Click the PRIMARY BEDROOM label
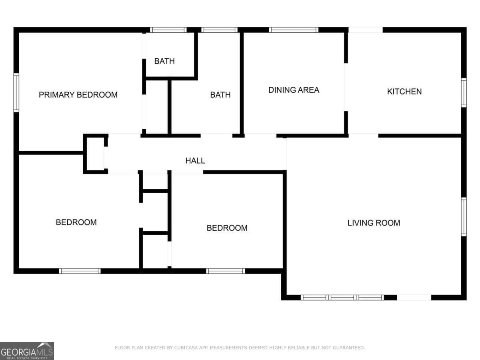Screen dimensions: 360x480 coord(78,95)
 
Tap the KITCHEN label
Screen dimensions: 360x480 coord(404,92)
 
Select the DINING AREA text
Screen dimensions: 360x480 coord(294,90)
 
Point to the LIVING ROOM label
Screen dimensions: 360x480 coord(374,223)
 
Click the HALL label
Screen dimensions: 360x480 coord(195,161)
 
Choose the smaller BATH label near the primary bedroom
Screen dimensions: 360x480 coord(164,61)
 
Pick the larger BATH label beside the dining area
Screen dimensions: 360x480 coord(220,95)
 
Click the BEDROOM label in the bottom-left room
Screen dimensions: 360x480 coord(76,222)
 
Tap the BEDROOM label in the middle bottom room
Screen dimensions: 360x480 coord(227,228)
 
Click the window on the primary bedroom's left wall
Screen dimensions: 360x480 coord(16,92)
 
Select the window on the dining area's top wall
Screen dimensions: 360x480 coord(293,30)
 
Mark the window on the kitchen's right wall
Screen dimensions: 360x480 coord(464,92)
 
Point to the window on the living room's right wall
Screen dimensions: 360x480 coord(464,217)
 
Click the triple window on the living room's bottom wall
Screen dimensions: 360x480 coord(342,298)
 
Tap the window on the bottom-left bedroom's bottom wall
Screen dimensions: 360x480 coord(80,271)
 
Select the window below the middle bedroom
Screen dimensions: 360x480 coord(226,271)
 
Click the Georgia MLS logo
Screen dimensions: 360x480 coord(27,351)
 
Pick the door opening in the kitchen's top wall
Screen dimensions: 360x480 coord(366,30)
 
